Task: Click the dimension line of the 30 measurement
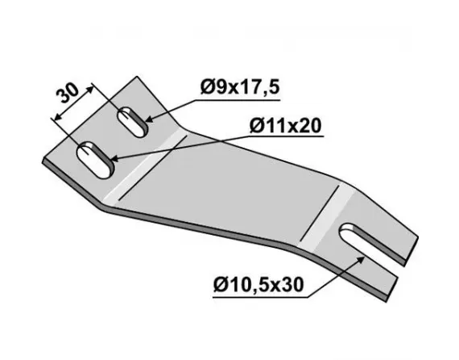(x=75, y=102)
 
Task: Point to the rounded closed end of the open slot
(x=349, y=236)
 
